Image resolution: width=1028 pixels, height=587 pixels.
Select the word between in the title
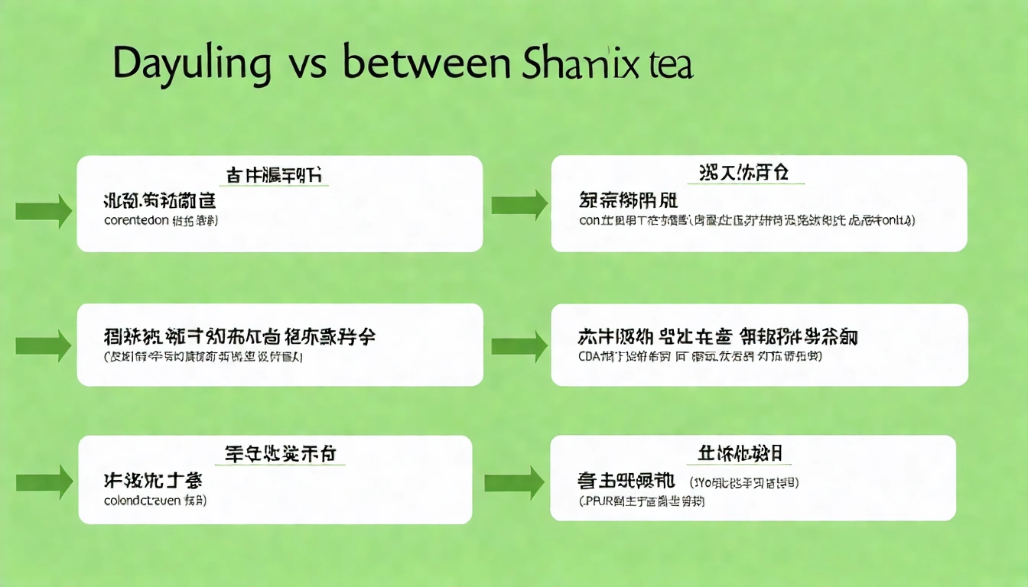(427, 65)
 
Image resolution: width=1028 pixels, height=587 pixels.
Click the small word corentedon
(136, 221)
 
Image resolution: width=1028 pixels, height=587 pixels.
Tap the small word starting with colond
(142, 501)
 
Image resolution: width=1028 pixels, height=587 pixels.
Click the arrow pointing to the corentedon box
(44, 210)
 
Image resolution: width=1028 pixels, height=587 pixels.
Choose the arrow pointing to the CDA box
(519, 346)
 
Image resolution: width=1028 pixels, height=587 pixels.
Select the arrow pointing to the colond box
(44, 482)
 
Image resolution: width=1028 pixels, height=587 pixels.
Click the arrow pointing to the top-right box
(519, 205)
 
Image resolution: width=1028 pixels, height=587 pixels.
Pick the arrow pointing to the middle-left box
(44, 345)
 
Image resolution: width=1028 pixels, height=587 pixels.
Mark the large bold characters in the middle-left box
(239, 337)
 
